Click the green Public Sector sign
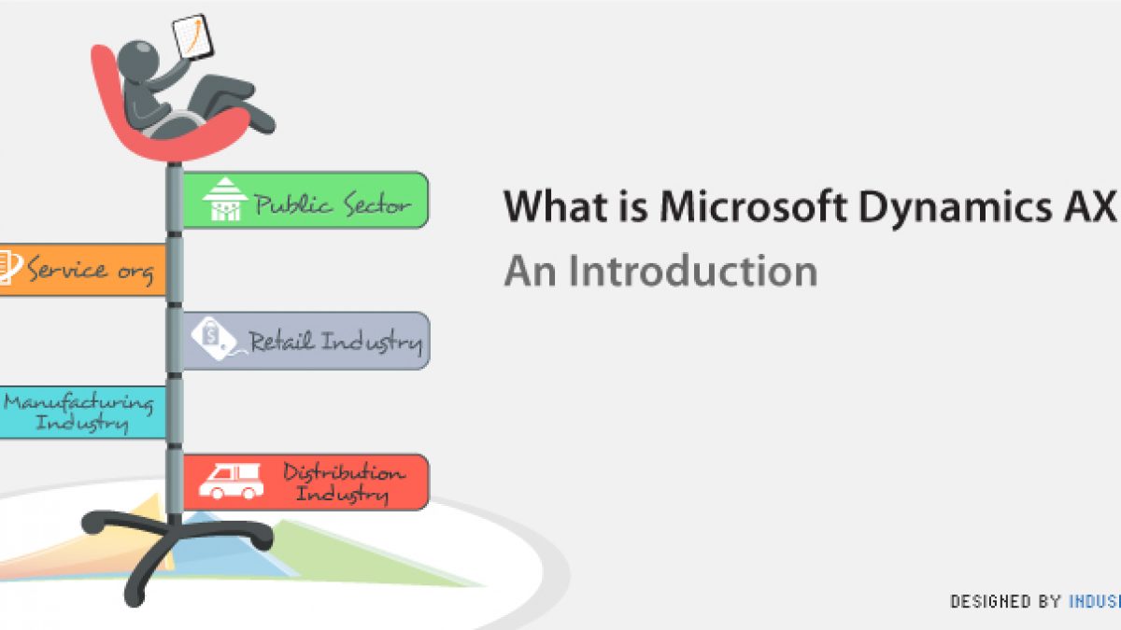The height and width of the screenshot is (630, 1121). click(305, 200)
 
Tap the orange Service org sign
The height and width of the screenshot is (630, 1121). click(82, 270)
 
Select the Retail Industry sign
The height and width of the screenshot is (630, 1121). click(305, 341)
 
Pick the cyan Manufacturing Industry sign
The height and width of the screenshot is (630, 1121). click(82, 413)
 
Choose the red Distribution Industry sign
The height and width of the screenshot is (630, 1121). click(305, 483)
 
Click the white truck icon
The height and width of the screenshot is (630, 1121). click(232, 481)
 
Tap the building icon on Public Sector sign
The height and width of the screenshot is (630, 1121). click(225, 199)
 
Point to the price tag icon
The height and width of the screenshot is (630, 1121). click(214, 339)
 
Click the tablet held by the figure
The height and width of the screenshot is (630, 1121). click(192, 37)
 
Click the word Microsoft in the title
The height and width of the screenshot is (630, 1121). click(752, 206)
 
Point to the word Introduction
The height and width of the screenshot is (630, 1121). click(693, 271)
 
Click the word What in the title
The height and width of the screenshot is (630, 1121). click(556, 206)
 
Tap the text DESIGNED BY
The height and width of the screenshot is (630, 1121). click(1005, 601)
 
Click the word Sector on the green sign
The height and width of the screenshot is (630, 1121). click(377, 204)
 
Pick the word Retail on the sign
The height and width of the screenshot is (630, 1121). click(281, 341)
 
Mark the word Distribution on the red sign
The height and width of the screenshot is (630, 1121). click(345, 472)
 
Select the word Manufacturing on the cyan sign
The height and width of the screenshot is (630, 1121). click(78, 403)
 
